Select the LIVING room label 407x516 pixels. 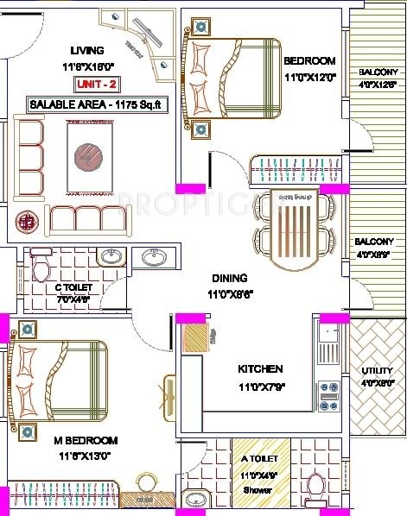point(88,50)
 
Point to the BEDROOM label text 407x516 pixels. point(309,60)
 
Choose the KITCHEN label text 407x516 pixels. point(260,369)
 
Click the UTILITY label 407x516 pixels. point(377,371)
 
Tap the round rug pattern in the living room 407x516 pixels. point(88,156)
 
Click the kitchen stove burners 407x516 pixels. point(328,396)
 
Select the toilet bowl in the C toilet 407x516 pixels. point(39,267)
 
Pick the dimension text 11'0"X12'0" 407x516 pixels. point(308,76)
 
